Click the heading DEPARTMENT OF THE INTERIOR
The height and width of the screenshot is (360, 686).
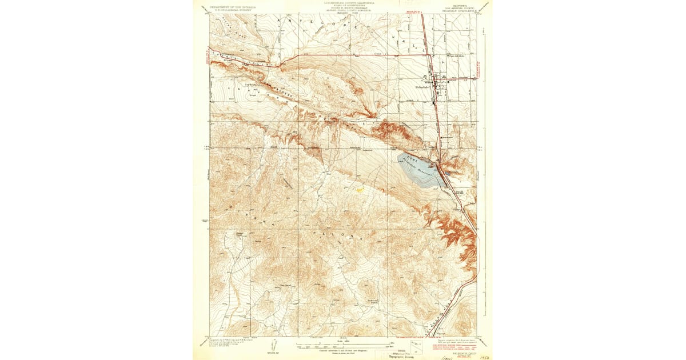click(233, 7)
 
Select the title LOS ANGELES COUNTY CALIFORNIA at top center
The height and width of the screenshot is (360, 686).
click(342, 3)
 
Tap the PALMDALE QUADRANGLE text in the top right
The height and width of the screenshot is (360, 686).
click(457, 10)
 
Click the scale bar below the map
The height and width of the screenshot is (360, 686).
click(342, 345)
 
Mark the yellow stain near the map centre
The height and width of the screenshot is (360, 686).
click(360, 190)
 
